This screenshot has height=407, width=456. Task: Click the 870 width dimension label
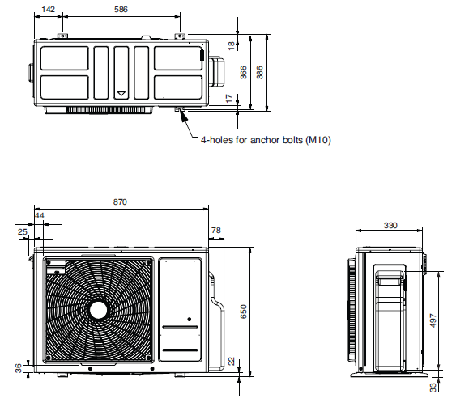pyautogui.click(x=120, y=202)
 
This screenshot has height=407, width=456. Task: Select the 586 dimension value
pyautogui.click(x=121, y=10)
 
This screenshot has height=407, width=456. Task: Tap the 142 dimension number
pyautogui.click(x=48, y=10)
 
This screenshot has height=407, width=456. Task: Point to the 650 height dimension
pyautogui.click(x=244, y=312)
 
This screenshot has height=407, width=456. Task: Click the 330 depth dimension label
pyautogui.click(x=390, y=226)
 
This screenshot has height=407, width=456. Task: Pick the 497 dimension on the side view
pyautogui.click(x=433, y=320)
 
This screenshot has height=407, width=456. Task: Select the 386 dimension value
pyautogui.click(x=259, y=72)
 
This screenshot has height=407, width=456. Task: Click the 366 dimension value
pyautogui.click(x=243, y=72)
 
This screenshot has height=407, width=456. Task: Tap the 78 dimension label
pyautogui.click(x=216, y=231)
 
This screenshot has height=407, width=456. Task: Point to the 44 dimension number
pyautogui.click(x=40, y=216)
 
